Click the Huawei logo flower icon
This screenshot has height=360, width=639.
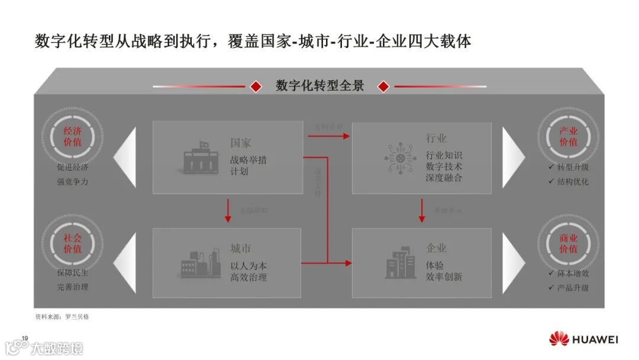coord(559,339)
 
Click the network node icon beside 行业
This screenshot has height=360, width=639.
coord(400,157)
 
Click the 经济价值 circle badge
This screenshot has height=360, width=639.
coord(72,137)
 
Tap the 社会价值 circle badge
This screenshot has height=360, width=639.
coord(72,243)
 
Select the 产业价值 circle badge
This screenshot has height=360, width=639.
coord(568,137)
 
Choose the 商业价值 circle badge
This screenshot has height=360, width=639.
coord(568,243)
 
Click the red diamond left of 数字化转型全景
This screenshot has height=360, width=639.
coord(256,86)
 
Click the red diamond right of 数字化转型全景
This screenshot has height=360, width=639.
coord(383,86)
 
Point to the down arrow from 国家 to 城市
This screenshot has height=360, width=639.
coord(228,211)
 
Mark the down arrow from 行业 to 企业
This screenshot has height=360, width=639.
coord(422,211)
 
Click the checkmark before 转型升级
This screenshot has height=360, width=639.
coord(551,167)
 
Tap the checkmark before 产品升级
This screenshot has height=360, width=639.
coord(551,288)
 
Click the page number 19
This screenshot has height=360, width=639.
coord(25,338)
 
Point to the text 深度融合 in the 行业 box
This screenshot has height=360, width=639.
coord(444,178)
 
